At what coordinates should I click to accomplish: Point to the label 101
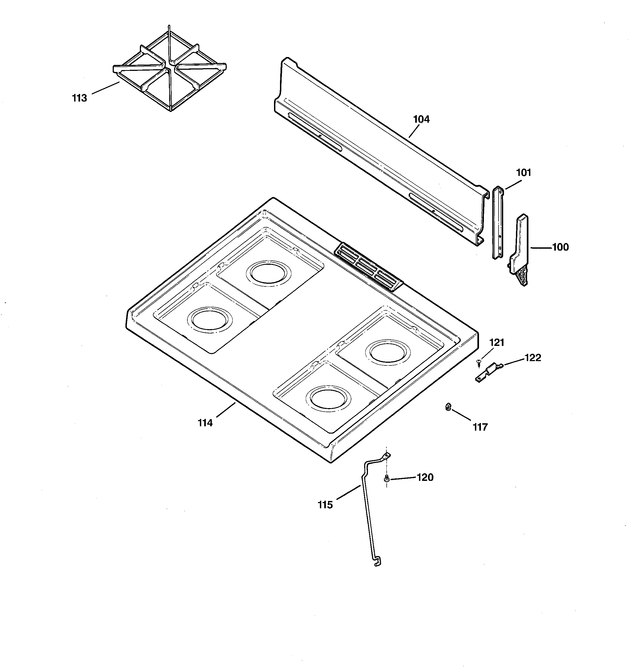coord(524,173)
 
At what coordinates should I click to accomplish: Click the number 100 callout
coord(560,247)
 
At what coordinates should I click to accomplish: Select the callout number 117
coord(480,427)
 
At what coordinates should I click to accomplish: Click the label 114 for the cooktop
coord(205,423)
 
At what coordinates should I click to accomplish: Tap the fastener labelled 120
coord(386,478)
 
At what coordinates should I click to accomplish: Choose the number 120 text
coord(425,477)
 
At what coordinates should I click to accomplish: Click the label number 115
coord(325,505)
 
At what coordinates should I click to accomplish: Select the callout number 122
coord(533,358)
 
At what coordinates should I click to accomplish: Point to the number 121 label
coord(497,342)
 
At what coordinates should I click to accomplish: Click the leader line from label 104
coord(414,131)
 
